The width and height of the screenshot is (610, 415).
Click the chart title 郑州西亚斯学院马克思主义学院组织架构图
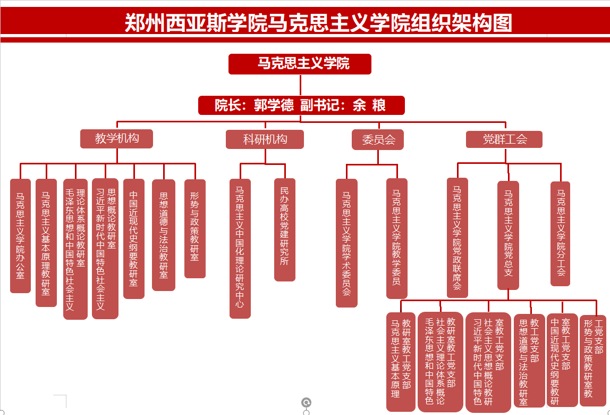318,23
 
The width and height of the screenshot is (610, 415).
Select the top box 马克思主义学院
300,64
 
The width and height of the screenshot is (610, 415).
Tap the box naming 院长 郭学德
301,105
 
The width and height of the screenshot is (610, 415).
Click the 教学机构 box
117,139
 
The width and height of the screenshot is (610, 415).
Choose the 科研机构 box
265,139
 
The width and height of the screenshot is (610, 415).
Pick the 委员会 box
378,140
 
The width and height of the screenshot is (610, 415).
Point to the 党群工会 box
504,139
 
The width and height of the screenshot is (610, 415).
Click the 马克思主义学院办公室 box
20,236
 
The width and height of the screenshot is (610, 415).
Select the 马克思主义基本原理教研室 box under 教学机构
46,243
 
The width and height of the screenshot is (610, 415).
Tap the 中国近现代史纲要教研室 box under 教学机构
134,239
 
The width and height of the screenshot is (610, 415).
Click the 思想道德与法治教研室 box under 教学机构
164,235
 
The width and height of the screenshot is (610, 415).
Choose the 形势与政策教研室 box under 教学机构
195,229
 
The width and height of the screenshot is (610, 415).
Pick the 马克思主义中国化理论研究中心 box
240,248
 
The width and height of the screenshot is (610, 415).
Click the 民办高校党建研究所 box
285,230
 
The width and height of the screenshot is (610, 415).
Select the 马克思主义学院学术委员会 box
346,243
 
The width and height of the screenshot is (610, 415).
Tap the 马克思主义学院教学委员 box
397,238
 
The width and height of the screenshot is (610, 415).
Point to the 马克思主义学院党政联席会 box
457,238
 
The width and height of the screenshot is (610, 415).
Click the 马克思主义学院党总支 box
509,235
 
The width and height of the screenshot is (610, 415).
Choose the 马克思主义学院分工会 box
561,234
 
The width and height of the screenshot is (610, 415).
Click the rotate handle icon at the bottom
307,402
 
